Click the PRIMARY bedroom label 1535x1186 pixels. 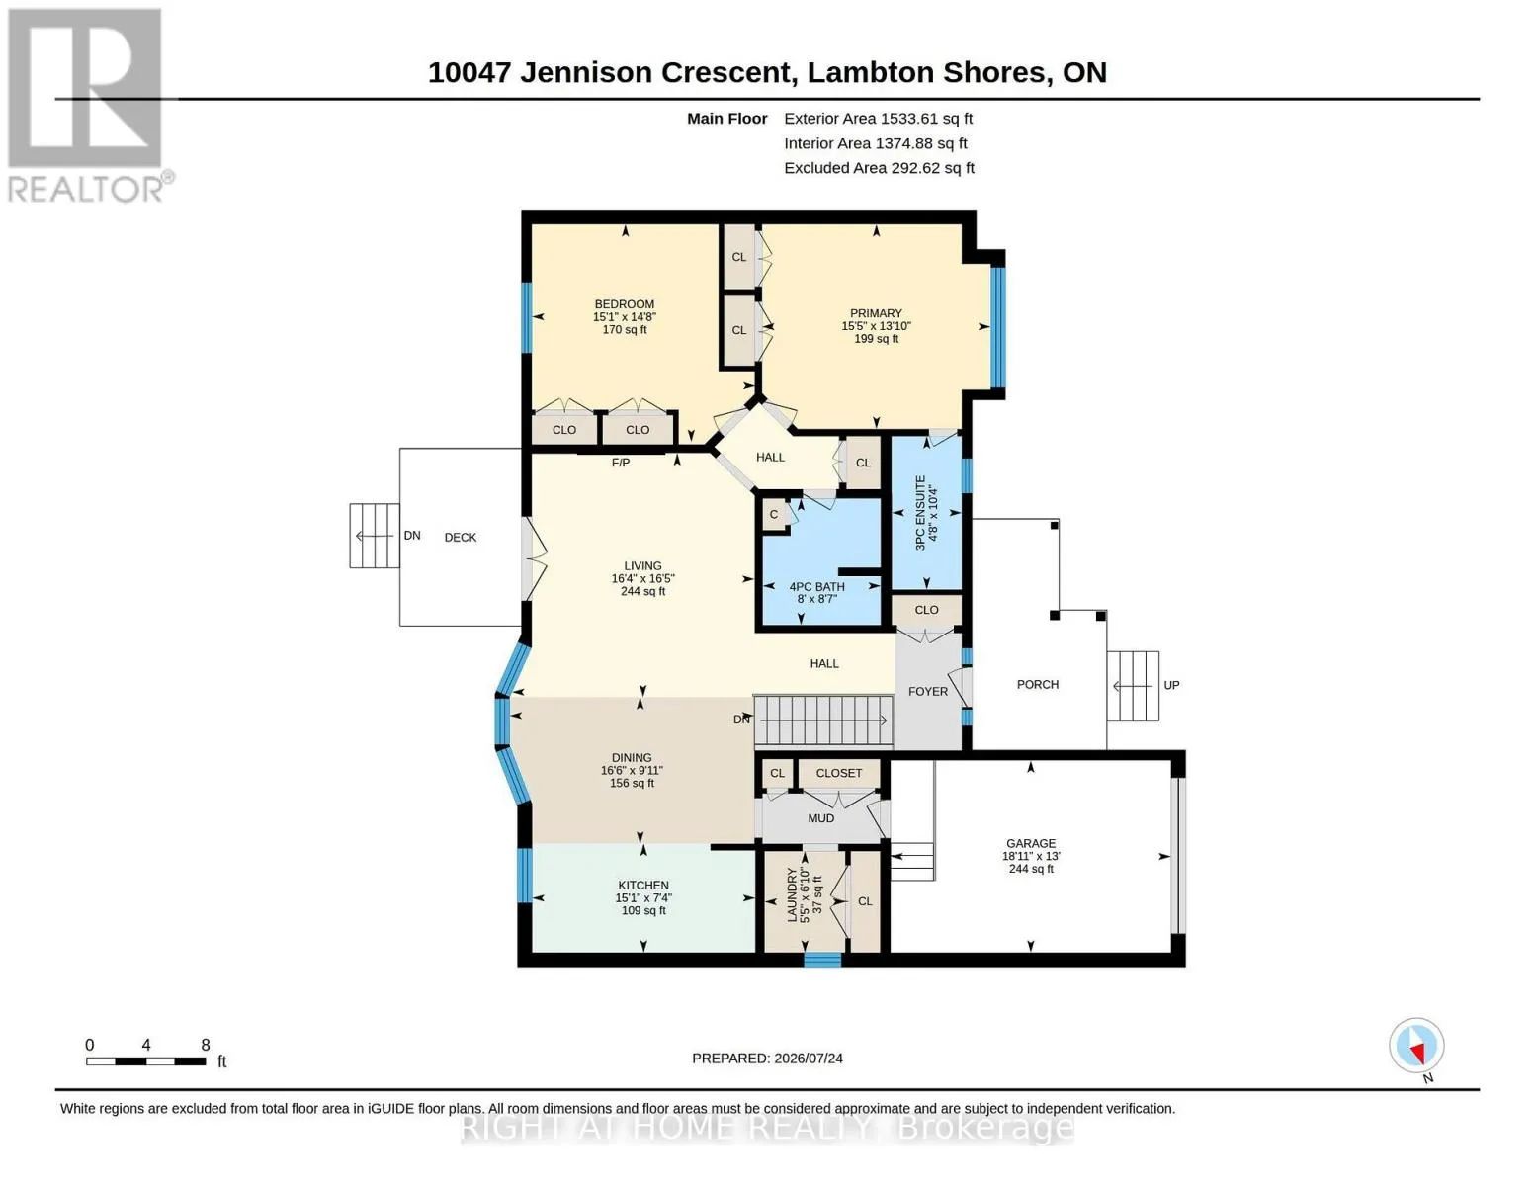coord(876,313)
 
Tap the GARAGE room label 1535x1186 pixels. coord(1031,843)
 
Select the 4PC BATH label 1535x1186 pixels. coord(816,586)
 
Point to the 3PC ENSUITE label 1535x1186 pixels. coord(920,513)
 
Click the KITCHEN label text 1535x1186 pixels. coord(642,886)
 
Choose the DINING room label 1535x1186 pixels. coord(632,758)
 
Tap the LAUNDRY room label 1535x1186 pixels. coord(792,895)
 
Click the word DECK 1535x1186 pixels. coord(461,538)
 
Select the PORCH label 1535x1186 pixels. coord(1038,685)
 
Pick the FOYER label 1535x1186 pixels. coord(928,692)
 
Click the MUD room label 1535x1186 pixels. coord(820,818)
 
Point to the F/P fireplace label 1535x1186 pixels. coord(620,463)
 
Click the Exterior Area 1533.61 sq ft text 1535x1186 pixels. coord(878,119)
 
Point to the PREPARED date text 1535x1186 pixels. coord(767,1059)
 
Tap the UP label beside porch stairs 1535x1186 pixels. coord(1171,685)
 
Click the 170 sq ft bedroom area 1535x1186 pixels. coord(625,330)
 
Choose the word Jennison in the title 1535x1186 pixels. coord(585,72)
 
